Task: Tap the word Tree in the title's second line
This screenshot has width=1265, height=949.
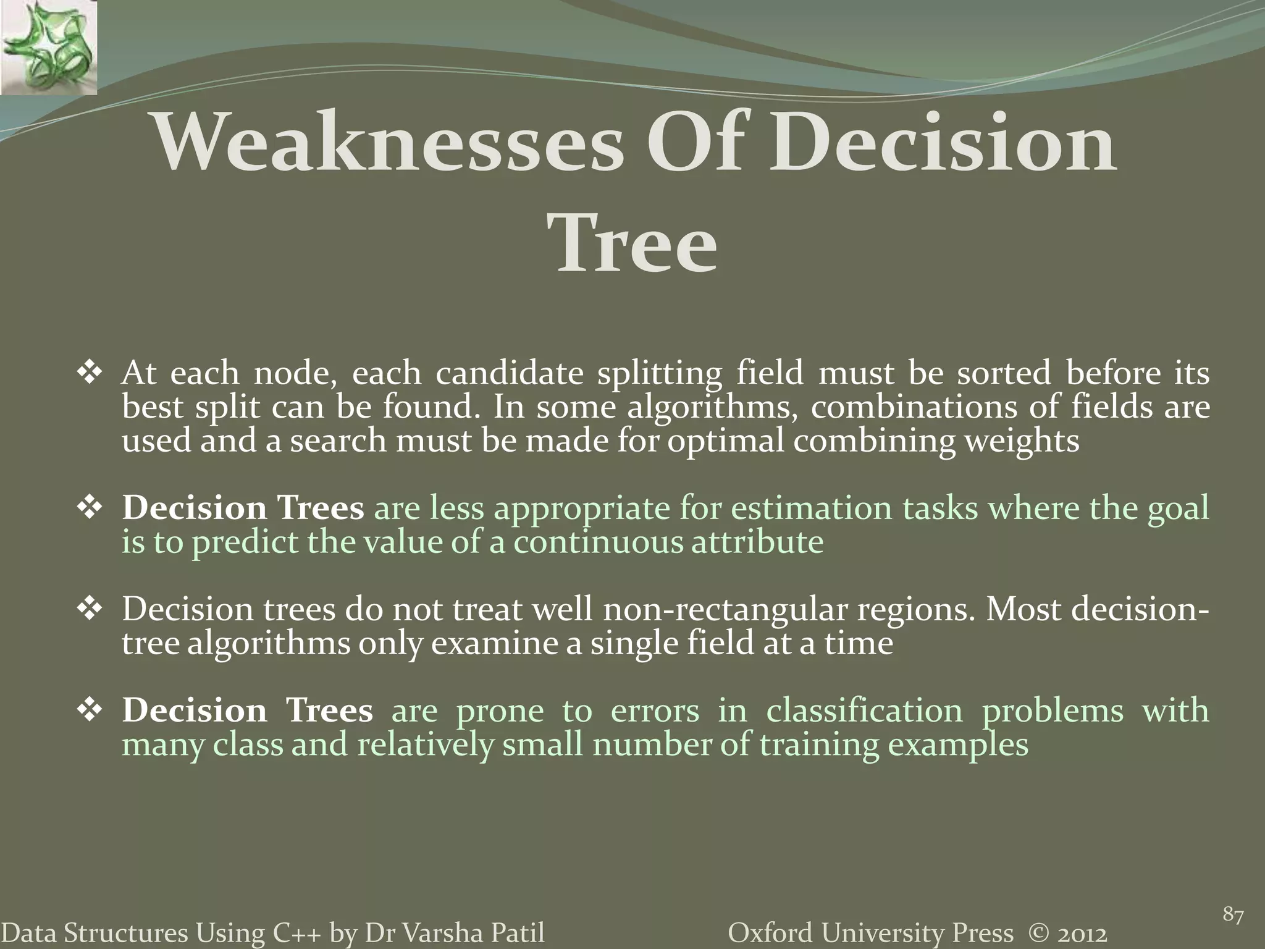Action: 636,244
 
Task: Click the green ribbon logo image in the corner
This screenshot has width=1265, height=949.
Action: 48,48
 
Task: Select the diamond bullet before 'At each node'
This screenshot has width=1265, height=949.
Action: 90,374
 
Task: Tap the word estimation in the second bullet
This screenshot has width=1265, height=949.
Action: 811,508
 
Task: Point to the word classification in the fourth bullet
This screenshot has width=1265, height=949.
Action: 864,711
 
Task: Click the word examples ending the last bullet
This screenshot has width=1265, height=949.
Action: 958,744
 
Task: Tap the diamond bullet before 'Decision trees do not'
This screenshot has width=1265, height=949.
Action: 90,610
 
